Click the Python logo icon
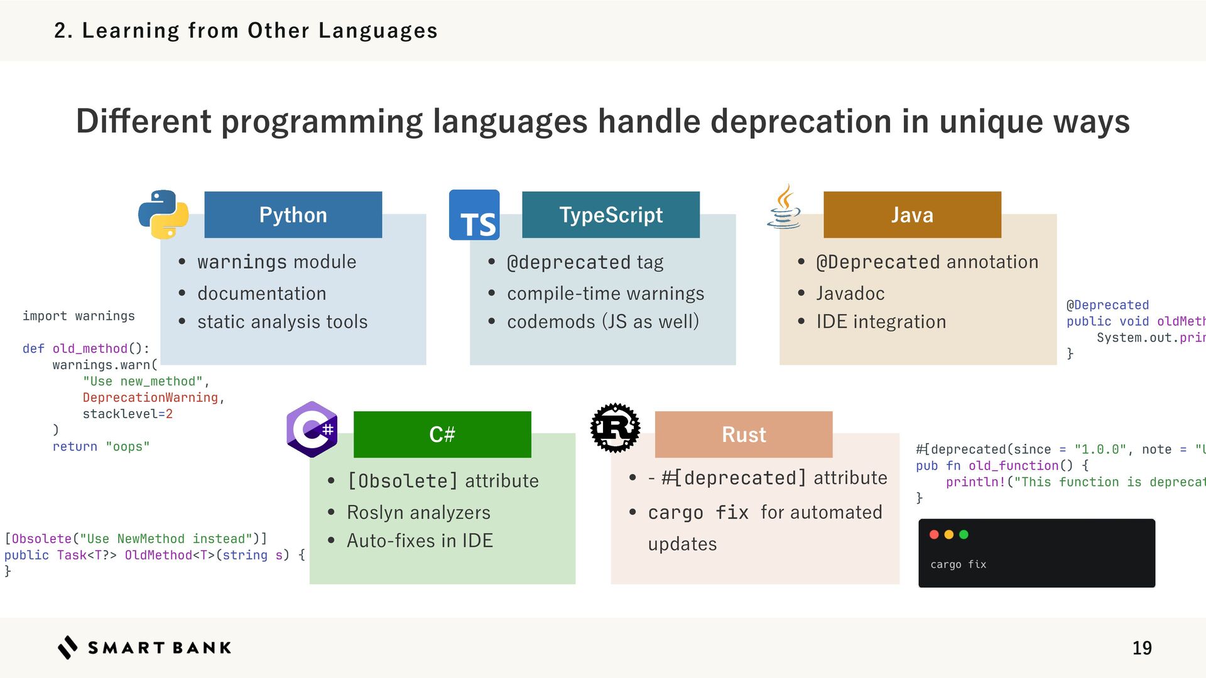pyautogui.click(x=163, y=215)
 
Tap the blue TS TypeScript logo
pyautogui.click(x=474, y=215)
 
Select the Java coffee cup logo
pyautogui.click(x=784, y=207)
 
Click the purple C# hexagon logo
pyautogui.click(x=312, y=429)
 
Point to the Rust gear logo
pyautogui.click(x=615, y=428)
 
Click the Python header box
pyautogui.click(x=293, y=215)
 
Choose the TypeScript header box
pyautogui.click(x=611, y=215)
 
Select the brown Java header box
pyautogui.click(x=912, y=215)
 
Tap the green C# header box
pyautogui.click(x=442, y=434)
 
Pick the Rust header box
pyautogui.click(x=744, y=434)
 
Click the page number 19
pyautogui.click(x=1142, y=648)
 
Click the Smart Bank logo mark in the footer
pyautogui.click(x=68, y=647)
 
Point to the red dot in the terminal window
pyautogui.click(x=934, y=534)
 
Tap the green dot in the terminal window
pyautogui.click(x=964, y=534)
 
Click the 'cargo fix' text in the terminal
pyautogui.click(x=958, y=564)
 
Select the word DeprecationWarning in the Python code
pyautogui.click(x=150, y=397)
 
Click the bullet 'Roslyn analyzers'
pyautogui.click(x=418, y=512)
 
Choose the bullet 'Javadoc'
pyautogui.click(x=850, y=293)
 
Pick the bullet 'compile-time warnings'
pyautogui.click(x=606, y=293)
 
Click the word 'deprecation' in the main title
pyautogui.click(x=801, y=121)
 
